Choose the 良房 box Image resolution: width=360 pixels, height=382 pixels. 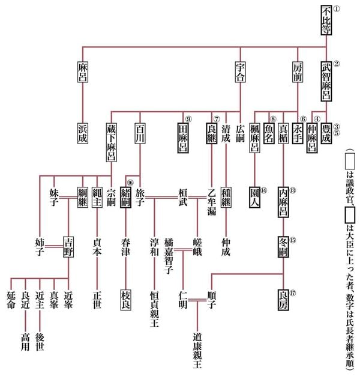pos(284,299)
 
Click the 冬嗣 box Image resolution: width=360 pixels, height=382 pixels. pos(284,247)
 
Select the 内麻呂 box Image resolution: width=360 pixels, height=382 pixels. pos(284,199)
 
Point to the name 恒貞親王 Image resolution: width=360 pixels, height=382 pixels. pos(154,306)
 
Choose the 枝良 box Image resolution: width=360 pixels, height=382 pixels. pos(125,299)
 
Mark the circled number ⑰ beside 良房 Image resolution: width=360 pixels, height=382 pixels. pos(292,294)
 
